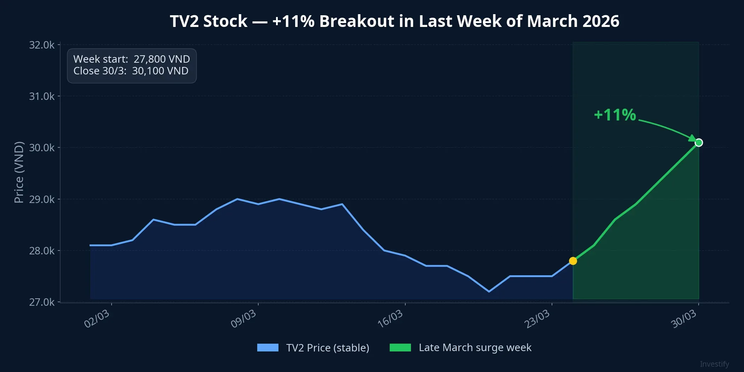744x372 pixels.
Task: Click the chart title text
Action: [394, 21]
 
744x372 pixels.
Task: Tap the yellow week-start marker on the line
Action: [573, 261]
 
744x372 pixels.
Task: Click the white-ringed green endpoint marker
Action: [699, 143]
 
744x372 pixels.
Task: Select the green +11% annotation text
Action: [615, 115]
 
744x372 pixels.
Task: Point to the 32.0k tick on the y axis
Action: [42, 45]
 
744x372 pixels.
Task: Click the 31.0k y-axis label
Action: [42, 96]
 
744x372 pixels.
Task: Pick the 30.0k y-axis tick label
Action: [42, 148]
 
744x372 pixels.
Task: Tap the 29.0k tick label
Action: [42, 199]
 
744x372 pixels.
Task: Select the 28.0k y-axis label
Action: [42, 251]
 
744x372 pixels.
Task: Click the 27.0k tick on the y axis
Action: [42, 302]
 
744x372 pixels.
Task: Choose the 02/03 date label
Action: [97, 319]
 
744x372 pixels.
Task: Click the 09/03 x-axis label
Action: [243, 319]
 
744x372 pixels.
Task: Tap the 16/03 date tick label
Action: [390, 319]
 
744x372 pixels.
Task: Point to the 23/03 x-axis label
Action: [537, 319]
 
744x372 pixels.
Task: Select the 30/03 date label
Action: [684, 319]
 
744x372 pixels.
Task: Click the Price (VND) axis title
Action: [19, 173]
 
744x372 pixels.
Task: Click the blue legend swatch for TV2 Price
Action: [268, 348]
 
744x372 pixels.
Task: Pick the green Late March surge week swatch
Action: [400, 348]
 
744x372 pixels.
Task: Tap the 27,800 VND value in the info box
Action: [162, 59]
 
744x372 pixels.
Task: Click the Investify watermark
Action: [714, 364]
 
